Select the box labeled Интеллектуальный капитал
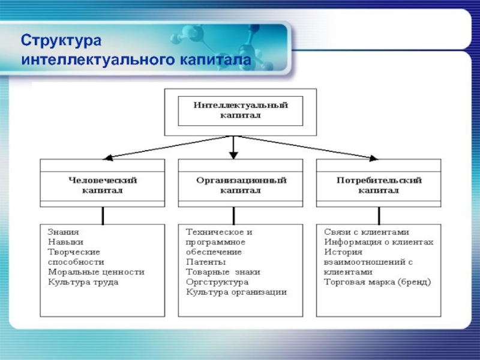tap(241, 110)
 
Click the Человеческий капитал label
tap(103, 185)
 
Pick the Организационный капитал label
tap(241, 185)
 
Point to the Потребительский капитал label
tap(379, 185)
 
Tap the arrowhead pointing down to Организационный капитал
tap(234, 155)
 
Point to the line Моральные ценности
tap(96, 272)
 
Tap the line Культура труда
tap(83, 282)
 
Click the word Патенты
tap(206, 262)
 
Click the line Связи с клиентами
tap(367, 231)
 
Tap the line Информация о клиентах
tap(379, 241)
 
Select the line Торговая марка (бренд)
tap(377, 282)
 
